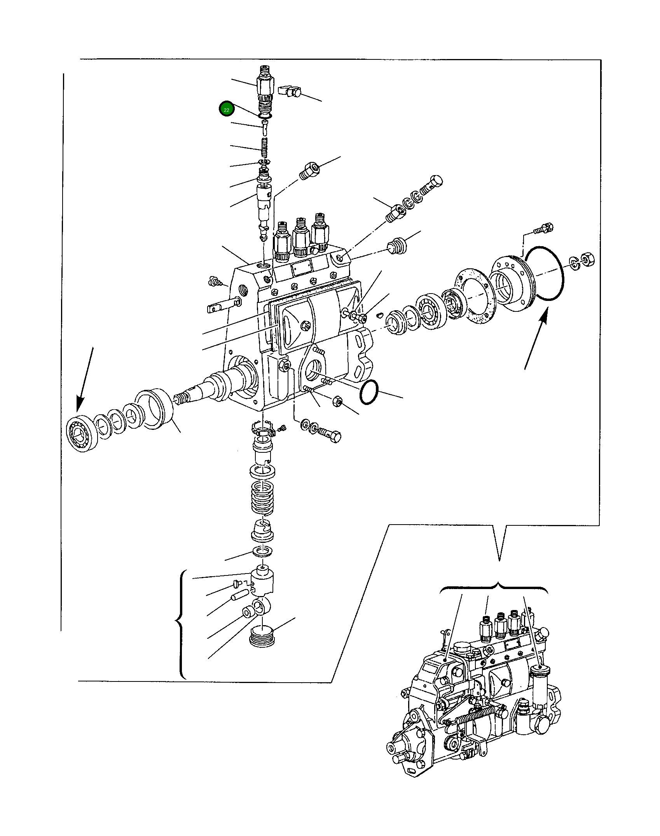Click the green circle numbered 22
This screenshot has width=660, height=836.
click(x=226, y=109)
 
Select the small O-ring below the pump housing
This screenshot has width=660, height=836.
click(x=368, y=392)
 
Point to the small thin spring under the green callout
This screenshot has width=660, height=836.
click(x=264, y=148)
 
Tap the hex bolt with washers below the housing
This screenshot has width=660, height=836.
click(x=329, y=433)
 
